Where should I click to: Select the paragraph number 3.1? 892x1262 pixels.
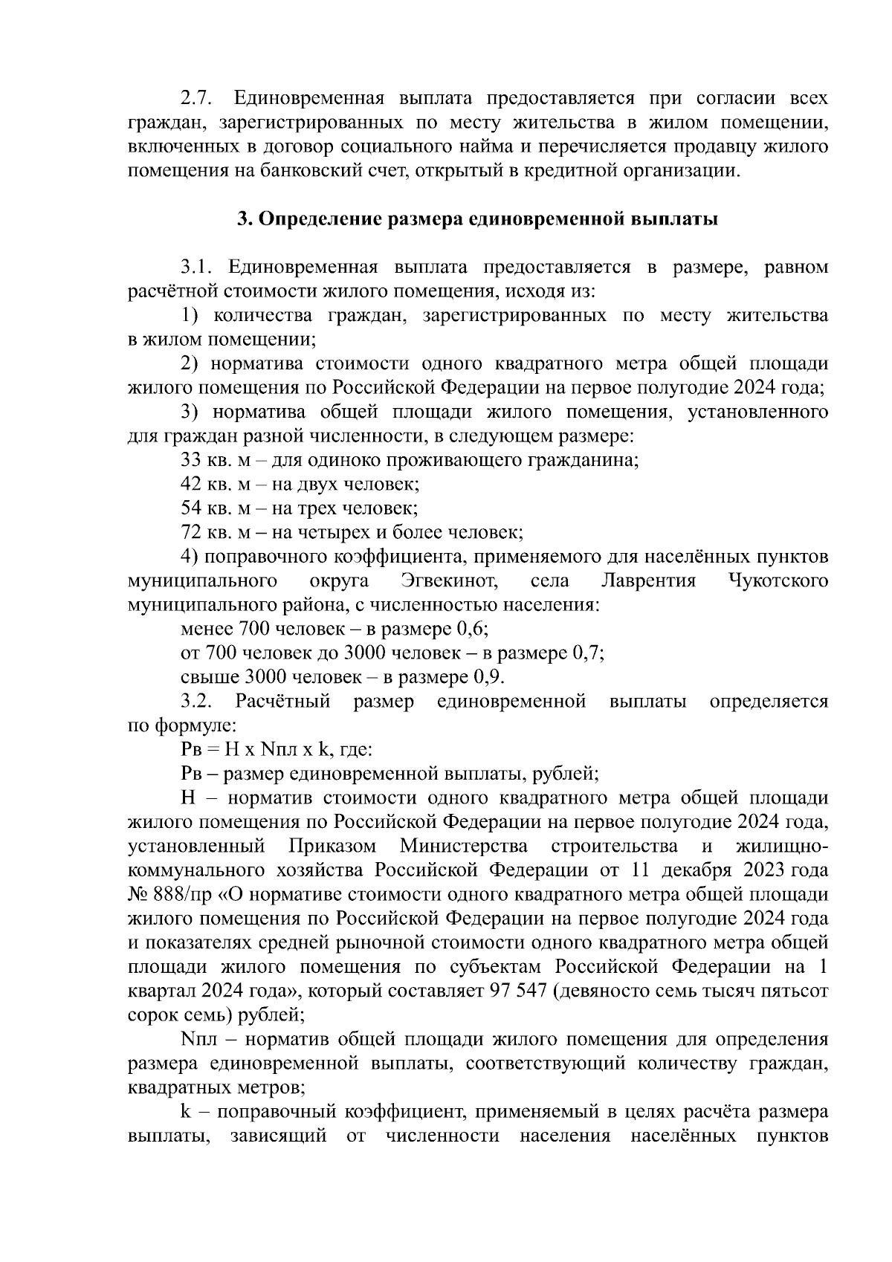tap(196, 268)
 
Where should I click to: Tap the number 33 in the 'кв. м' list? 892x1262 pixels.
tap(191, 460)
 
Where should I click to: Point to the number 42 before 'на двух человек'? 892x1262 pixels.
tap(191, 485)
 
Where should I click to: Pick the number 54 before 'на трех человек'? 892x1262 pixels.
tap(191, 508)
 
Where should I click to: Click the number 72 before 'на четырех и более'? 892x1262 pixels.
tap(191, 532)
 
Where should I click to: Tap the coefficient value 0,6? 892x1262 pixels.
tap(473, 630)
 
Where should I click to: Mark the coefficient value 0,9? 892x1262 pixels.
tap(489, 677)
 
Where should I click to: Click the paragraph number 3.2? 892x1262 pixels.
tap(196, 702)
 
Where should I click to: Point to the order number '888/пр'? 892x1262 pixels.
tap(183, 894)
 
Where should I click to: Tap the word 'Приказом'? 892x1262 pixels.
tap(332, 847)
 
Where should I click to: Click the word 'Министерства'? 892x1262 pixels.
tap(464, 847)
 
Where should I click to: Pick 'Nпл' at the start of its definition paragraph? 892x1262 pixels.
tap(198, 1039)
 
